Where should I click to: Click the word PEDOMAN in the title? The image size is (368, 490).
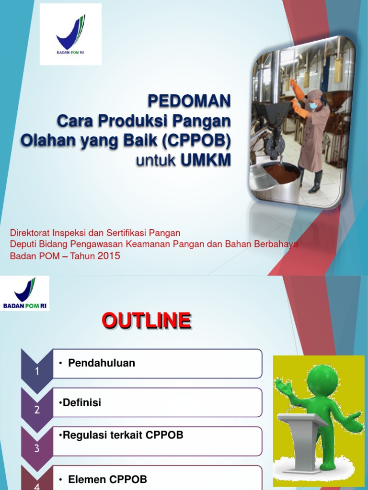point(189,101)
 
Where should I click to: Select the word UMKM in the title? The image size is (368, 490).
point(206,160)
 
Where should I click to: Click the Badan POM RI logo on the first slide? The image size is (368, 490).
point(70,34)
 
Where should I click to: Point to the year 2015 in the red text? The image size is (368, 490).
point(109,256)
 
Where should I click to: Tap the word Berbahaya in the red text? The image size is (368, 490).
point(277,245)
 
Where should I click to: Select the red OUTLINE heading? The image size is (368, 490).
point(146,321)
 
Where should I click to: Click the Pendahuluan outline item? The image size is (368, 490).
point(102,363)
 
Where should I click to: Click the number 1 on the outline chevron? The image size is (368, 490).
point(37,371)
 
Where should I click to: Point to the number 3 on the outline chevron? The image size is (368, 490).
point(37,449)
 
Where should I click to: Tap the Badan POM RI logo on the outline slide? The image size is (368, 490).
point(25,293)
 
